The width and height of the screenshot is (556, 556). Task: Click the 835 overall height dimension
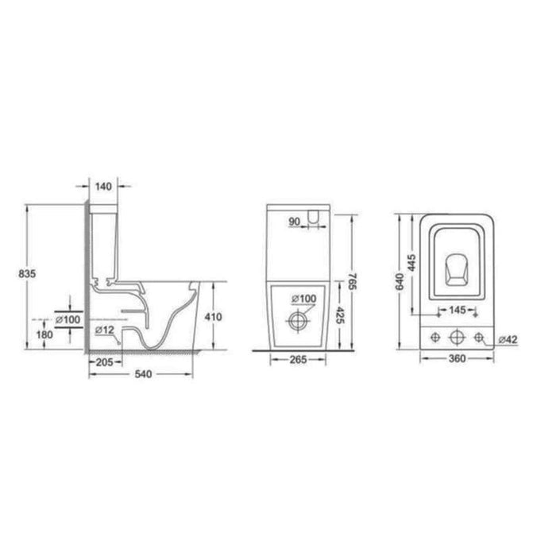(x=27, y=274)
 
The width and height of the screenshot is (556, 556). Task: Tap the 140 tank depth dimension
(x=103, y=186)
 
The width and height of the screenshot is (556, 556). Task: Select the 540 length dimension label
(x=143, y=374)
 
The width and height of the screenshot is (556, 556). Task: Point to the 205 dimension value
(x=105, y=362)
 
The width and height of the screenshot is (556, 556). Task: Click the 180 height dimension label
(x=44, y=334)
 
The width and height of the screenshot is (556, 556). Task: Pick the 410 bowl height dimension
(x=214, y=317)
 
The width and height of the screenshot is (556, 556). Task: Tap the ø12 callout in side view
(x=105, y=330)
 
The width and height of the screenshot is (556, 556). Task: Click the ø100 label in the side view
(x=68, y=319)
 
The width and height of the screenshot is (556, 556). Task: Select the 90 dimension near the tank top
(x=295, y=222)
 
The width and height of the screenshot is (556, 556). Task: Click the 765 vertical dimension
(x=351, y=281)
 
